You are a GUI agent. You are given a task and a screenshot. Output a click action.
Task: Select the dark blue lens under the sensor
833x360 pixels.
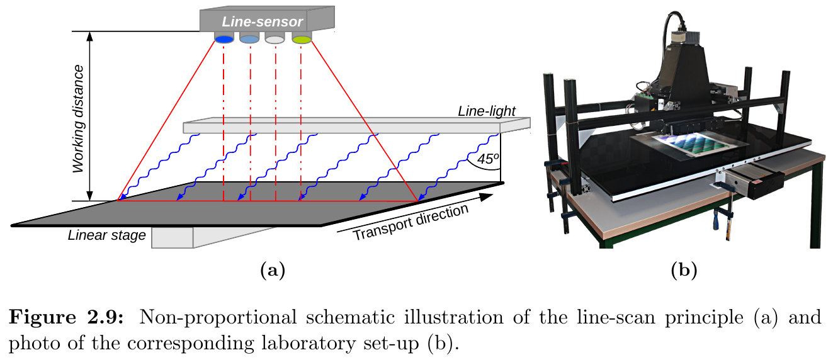pyautogui.click(x=224, y=39)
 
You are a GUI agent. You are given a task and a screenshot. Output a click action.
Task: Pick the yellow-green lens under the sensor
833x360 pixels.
pyautogui.click(x=302, y=39)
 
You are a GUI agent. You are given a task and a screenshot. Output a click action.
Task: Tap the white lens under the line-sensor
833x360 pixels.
pyautogui.click(x=275, y=39)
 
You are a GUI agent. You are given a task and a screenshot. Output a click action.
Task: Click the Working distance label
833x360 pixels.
pyautogui.click(x=78, y=118)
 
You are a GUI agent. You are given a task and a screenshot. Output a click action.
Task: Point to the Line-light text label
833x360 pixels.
pyautogui.click(x=487, y=111)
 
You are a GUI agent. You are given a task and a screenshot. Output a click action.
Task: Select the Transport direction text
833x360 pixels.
pyautogui.click(x=411, y=223)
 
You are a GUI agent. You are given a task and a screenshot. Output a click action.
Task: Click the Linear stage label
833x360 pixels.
pyautogui.click(x=106, y=235)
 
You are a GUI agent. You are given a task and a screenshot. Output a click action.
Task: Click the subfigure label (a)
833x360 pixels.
pyautogui.click(x=272, y=271)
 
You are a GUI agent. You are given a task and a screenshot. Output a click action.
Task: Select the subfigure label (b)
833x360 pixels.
pyautogui.click(x=684, y=271)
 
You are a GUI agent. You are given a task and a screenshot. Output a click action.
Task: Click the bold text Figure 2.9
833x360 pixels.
pyautogui.click(x=67, y=317)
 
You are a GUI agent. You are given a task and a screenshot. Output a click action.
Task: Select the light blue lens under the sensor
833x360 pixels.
pyautogui.click(x=249, y=39)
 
